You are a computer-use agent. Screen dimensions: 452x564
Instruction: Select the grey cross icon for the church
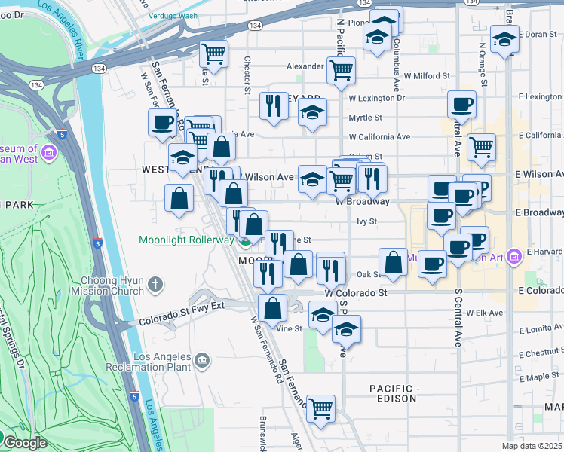tap(155, 284)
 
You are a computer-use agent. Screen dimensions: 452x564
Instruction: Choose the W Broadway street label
tap(363, 202)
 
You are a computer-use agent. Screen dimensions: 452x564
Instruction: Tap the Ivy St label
tap(366, 221)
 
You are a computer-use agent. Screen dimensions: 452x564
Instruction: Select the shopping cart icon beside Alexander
tap(342, 70)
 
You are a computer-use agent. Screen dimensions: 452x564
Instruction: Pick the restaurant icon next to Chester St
tap(274, 105)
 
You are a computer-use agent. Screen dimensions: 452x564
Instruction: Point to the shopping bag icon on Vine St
tap(272, 307)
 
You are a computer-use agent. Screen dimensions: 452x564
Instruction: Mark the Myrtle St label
tap(366, 118)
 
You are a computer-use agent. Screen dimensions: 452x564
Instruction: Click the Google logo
tap(24, 443)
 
